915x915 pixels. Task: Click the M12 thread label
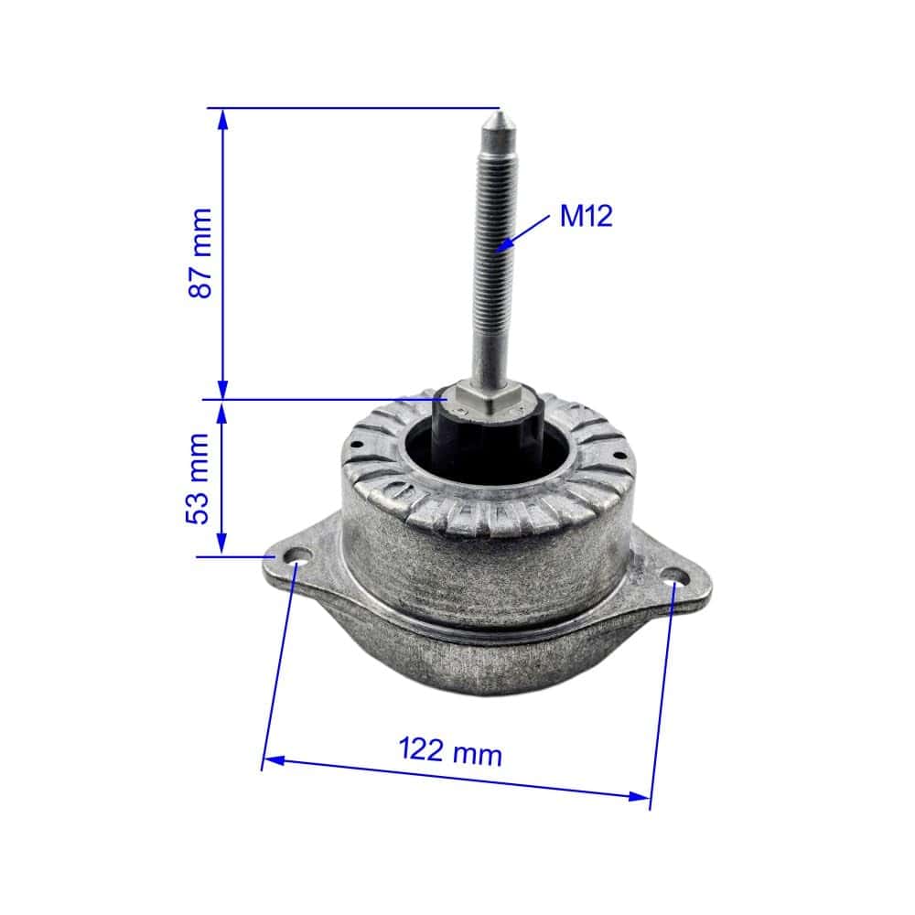click(586, 217)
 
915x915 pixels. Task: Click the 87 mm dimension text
click(199, 253)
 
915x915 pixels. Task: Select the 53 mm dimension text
click(199, 478)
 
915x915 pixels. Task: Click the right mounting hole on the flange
click(676, 576)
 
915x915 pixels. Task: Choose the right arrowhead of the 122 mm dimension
click(640, 796)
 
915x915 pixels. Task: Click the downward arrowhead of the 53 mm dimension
click(221, 546)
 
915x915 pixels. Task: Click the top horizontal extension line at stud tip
click(357, 108)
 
